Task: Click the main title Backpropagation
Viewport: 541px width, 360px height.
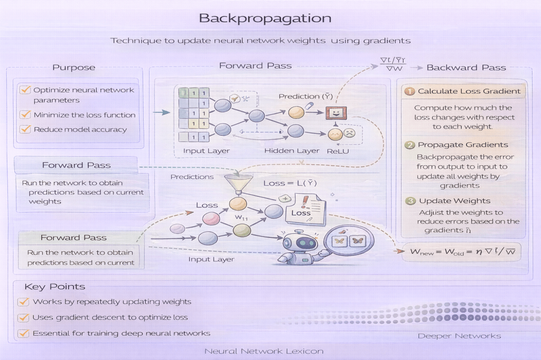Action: [x=265, y=18]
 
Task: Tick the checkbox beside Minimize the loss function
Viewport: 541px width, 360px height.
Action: [x=24, y=115]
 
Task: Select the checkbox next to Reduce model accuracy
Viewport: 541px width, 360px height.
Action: [x=24, y=129]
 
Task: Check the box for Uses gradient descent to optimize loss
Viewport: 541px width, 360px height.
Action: [x=23, y=318]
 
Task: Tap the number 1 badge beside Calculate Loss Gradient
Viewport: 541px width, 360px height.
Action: [x=410, y=91]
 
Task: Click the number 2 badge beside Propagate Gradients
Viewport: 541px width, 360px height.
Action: [x=410, y=145]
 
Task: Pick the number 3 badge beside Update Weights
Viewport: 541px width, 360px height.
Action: [x=411, y=201]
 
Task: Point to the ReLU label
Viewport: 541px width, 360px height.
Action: [x=338, y=151]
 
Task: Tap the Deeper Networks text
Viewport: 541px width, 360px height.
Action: [x=459, y=336]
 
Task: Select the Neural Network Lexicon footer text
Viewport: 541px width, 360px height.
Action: [x=264, y=351]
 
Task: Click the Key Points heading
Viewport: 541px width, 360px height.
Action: [x=54, y=287]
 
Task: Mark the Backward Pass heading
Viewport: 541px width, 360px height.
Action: [x=466, y=68]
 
